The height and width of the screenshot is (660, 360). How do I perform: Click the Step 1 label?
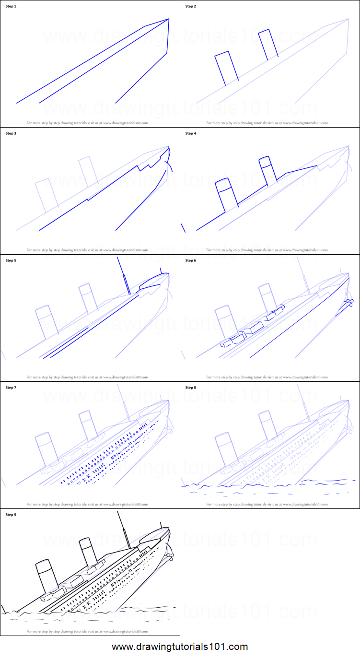pos(11,6)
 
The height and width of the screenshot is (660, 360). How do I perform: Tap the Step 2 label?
pos(190,6)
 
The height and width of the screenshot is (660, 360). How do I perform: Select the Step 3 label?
pos(11,133)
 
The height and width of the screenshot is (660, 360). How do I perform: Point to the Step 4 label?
pos(190,133)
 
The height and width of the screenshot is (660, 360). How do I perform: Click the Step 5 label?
pos(11,260)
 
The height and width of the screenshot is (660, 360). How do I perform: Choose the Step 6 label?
pos(190,260)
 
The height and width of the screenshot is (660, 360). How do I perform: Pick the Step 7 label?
pos(11,388)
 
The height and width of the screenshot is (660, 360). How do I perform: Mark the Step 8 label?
pos(190,388)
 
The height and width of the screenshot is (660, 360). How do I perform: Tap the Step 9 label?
pos(11,515)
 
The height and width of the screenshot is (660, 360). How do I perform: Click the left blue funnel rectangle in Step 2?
pos(226,68)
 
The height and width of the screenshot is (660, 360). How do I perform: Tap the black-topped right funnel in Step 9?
pos(89,554)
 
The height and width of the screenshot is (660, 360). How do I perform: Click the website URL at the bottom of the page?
pos(180,647)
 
